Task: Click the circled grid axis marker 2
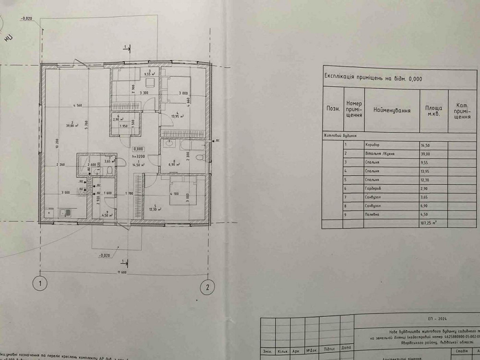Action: click(207, 288)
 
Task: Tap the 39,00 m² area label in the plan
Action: click(72, 126)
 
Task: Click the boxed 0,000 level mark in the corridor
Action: click(139, 149)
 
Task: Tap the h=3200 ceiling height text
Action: click(138, 156)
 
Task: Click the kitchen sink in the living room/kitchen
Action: click(64, 212)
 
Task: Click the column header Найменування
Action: click(392, 110)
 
